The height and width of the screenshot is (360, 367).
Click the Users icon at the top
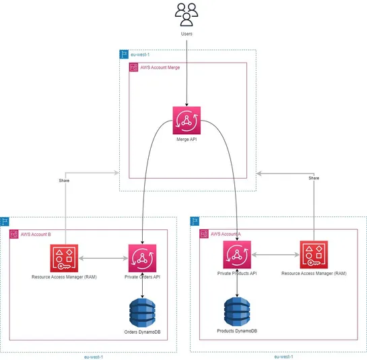[187, 14]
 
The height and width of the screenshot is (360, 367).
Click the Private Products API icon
[236, 255]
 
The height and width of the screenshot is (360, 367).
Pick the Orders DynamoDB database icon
[142, 311]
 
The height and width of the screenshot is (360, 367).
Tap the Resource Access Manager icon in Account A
[313, 255]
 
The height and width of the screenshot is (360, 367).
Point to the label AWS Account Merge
[160, 68]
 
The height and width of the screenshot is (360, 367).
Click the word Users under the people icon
[187, 34]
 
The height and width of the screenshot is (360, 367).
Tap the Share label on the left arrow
[64, 181]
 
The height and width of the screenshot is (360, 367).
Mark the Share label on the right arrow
[313, 178]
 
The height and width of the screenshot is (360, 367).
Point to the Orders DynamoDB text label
[142, 332]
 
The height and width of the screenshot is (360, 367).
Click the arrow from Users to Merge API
[187, 74]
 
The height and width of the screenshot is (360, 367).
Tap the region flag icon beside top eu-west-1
[123, 54]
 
